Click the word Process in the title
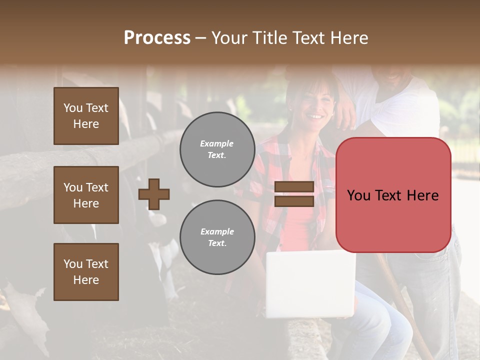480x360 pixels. [x=157, y=38]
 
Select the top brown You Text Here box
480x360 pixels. [x=86, y=116]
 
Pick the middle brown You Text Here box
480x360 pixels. [x=86, y=195]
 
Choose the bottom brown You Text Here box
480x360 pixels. [x=86, y=272]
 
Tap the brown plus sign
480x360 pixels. [x=154, y=194]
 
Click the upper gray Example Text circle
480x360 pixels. [x=217, y=149]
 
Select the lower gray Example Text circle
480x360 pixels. [x=217, y=237]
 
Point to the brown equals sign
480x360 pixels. [x=294, y=194]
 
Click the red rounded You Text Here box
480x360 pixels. [x=393, y=195]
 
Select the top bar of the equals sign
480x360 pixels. [x=294, y=187]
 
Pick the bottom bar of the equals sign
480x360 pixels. [x=294, y=201]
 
